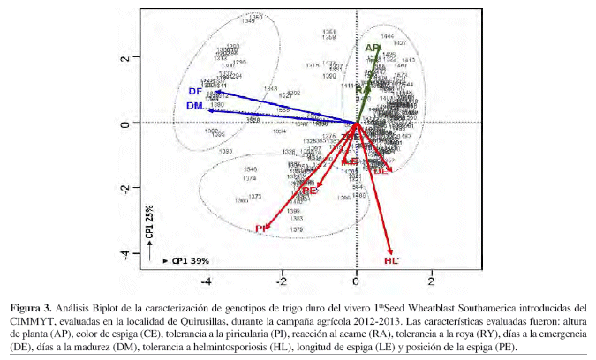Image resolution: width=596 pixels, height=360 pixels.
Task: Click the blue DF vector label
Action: tap(195, 91)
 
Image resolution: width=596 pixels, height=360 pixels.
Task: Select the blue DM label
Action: tap(195, 106)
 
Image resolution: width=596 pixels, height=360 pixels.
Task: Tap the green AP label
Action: tap(372, 48)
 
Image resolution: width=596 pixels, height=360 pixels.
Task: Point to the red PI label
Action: tap(261, 229)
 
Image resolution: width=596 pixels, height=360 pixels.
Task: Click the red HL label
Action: tap(391, 261)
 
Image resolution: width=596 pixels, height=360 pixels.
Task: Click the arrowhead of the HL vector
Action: tap(391, 252)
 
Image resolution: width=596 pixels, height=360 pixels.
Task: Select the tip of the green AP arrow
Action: tap(380, 50)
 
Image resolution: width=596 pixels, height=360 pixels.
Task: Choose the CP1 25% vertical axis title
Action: tap(149, 224)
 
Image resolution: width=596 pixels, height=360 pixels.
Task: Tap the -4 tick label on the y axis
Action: tap(125, 255)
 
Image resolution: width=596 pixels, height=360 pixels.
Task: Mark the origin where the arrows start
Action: tap(357, 123)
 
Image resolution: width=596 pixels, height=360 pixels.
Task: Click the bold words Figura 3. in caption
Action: tap(34, 308)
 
